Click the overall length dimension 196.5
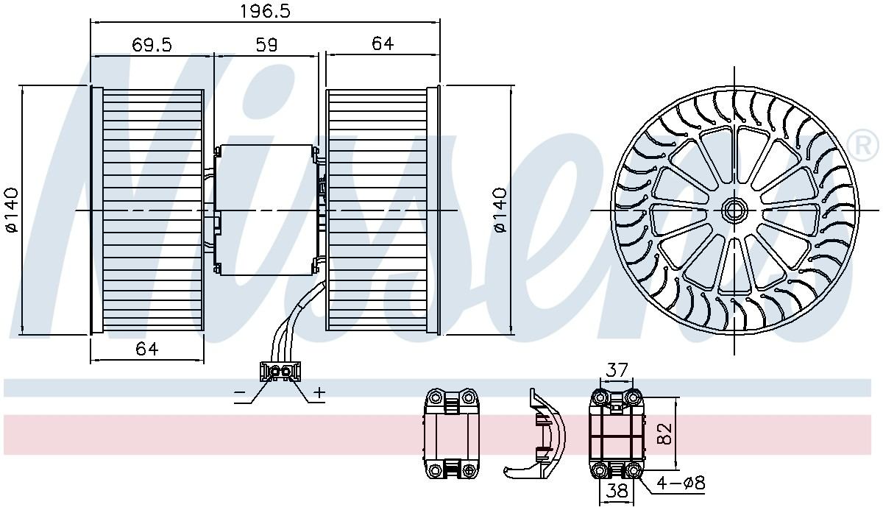265,12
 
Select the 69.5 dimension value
152,45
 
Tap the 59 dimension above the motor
266,45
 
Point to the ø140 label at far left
12,210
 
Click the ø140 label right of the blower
500,210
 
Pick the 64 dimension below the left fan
146,349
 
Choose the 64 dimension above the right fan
383,43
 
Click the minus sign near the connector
239,392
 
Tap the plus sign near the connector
319,392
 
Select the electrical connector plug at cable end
280,371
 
